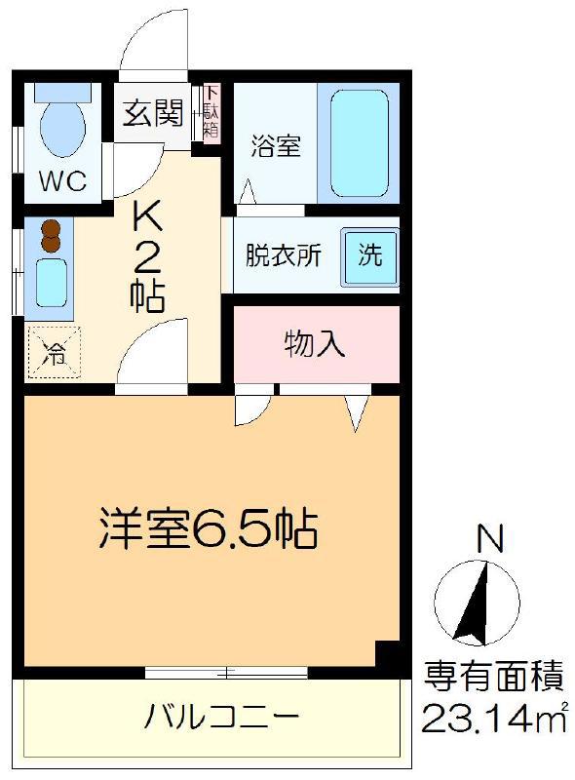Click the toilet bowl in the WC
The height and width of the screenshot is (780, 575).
pos(62,127)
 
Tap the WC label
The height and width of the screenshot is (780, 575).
pos(62,180)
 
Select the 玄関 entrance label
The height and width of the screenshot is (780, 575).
pos(153,112)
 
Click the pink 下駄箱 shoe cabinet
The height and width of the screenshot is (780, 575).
pos(211,112)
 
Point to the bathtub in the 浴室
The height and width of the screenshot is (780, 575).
pos(359,143)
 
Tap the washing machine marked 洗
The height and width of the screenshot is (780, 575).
pos(369,256)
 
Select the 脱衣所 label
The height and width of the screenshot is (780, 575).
pos(283,255)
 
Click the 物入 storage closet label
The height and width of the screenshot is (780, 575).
pos(315,344)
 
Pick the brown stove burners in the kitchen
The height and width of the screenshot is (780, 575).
pos(50,236)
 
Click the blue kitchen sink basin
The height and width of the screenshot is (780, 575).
pos(51,283)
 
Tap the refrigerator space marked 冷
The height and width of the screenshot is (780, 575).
pos(55,352)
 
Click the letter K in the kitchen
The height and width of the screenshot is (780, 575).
pos(147,216)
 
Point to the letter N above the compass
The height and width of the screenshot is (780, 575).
pos(490,538)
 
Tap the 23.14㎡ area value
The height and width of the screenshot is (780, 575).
pos(494,717)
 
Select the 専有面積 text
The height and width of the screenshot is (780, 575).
pos(494,676)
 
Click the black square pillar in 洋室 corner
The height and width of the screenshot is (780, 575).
pos(388,654)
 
